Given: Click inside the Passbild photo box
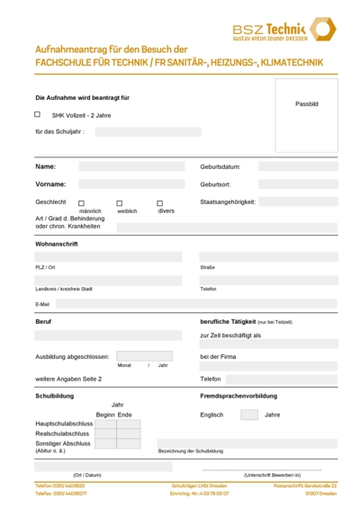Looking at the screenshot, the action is (x=306, y=114).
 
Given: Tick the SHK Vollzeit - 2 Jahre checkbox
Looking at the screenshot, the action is (x=37, y=114).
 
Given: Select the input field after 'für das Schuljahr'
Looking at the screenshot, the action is (x=148, y=131).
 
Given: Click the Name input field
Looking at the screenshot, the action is (x=130, y=166).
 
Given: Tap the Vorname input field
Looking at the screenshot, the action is (x=130, y=184).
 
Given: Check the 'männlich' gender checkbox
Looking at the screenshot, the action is (x=81, y=203).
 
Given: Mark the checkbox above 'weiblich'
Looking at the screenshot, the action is (x=119, y=203).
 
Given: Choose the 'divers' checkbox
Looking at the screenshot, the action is (x=159, y=203).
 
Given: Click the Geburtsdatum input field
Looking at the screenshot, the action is (x=298, y=166).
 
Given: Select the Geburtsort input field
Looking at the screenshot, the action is (x=298, y=184).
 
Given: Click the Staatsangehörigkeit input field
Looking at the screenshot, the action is (x=298, y=202).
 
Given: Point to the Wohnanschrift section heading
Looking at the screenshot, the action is (x=57, y=244).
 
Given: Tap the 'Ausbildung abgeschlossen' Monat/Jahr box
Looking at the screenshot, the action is (x=144, y=356).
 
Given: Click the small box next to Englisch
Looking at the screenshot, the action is (x=249, y=415).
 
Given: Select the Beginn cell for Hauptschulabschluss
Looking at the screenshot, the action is (x=104, y=424).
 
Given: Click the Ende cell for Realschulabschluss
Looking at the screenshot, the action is (x=126, y=433).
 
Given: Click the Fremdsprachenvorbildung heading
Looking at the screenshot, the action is (x=238, y=396).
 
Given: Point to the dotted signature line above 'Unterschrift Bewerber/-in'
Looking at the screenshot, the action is (x=271, y=469).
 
